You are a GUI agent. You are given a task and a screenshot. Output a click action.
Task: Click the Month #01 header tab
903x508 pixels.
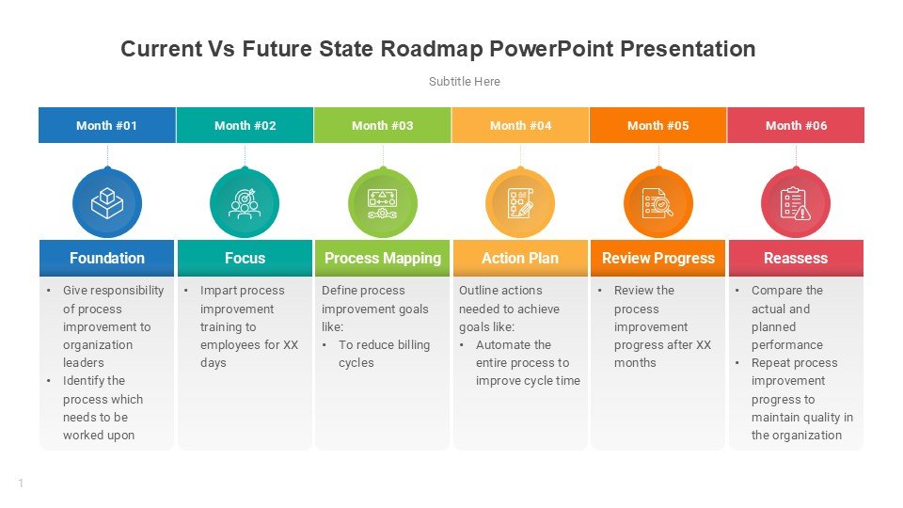pos(107,125)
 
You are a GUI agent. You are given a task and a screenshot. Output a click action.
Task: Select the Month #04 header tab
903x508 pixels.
pos(520,125)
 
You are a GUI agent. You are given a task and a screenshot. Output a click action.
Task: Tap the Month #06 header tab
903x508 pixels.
pos(796,125)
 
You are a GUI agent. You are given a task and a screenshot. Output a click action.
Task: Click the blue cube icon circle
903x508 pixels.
pos(107,203)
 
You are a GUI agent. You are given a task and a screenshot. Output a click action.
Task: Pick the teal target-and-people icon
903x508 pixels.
pos(245,203)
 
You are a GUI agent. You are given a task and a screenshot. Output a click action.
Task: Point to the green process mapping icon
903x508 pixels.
pos(383,203)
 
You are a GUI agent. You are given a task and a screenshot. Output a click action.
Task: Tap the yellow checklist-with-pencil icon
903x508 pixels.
pos(520,203)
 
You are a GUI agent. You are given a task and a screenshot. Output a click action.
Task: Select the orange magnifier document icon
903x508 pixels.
pos(658,203)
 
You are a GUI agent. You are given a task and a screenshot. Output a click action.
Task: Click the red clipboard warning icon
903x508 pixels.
pos(796,203)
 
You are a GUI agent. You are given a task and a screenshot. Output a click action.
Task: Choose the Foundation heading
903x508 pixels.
pos(107,258)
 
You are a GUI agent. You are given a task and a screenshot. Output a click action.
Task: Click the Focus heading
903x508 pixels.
pos(245,258)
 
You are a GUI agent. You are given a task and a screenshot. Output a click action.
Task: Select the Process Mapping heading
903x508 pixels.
pos(383,258)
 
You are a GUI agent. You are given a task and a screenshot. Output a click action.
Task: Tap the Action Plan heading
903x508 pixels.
pos(520,258)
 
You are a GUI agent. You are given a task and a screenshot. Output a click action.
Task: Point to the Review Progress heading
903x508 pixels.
pos(658,258)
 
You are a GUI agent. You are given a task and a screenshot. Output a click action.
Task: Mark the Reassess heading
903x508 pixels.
pos(796,258)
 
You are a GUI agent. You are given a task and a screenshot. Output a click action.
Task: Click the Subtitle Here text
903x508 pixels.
pos(464,82)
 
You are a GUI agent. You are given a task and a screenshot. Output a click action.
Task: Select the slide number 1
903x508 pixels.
pos(21,484)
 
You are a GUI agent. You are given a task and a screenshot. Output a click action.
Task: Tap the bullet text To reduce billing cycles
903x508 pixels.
pos(384,354)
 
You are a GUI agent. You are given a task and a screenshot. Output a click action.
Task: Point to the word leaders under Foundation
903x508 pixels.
pos(84,363)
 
